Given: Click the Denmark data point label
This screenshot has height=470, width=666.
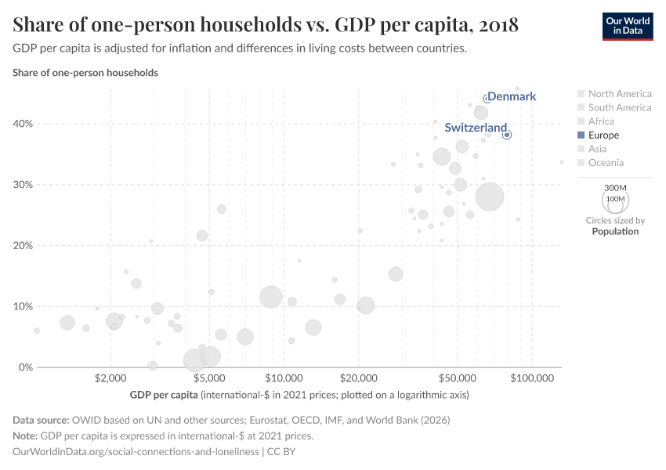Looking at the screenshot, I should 512,96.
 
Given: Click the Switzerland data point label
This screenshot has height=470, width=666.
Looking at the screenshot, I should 476,128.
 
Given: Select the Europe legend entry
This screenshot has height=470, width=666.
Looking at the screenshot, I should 603,135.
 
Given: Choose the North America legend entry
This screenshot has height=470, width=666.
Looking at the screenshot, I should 619,93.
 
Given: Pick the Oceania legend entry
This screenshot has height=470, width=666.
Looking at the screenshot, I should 606,163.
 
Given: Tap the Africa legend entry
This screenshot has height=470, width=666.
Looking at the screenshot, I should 601,121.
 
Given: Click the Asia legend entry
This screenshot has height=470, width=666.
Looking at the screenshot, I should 597,149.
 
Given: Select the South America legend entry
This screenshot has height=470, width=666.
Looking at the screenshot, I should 619,107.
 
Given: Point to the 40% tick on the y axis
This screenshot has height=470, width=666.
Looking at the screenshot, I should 22,124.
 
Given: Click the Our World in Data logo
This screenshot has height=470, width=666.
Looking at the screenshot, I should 627,25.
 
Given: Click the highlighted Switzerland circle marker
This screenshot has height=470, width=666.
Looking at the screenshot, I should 507,135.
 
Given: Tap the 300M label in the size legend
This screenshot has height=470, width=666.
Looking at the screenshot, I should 616,188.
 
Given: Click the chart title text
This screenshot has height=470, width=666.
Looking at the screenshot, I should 266,25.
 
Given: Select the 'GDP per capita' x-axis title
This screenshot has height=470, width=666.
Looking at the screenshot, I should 164,395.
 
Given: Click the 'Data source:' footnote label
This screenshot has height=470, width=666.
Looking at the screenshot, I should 42,420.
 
